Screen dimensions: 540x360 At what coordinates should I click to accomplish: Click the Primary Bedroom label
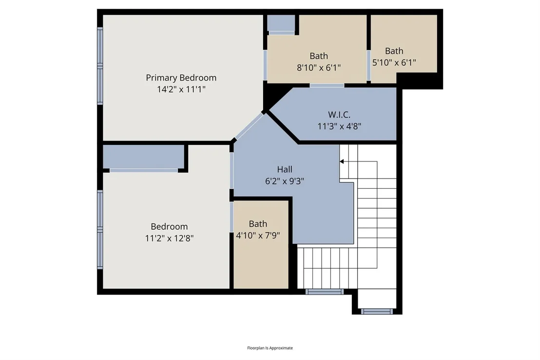coord(181,78)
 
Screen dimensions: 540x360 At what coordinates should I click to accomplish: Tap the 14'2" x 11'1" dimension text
coord(181,89)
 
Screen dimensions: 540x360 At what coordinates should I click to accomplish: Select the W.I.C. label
coord(339,115)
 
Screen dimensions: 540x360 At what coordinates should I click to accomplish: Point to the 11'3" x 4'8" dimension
coord(339,126)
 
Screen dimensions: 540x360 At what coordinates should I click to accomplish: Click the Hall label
coord(285,169)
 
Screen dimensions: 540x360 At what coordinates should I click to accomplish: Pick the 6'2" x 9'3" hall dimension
coord(285,181)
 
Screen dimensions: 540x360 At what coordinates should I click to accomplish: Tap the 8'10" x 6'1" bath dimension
coord(319,68)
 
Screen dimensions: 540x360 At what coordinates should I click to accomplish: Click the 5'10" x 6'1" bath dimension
coord(394,62)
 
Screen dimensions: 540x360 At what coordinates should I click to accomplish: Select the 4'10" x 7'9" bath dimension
coord(258,236)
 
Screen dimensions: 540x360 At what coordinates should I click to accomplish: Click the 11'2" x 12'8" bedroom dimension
coord(170,238)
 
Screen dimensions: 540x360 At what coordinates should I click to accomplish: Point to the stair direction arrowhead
coord(342,161)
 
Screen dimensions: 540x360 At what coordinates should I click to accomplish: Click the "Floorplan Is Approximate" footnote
coord(270,348)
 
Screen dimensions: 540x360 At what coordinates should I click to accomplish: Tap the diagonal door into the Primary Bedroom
coord(249,126)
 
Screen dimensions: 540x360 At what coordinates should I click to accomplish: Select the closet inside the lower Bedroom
coord(144,157)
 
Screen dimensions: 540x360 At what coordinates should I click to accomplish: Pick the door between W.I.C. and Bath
coord(327,85)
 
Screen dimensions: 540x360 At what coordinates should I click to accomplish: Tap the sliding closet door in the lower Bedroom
coord(144,170)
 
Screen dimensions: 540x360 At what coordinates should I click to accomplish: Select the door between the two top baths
coord(368,65)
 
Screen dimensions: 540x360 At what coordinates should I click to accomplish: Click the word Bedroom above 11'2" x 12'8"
coord(170,226)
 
